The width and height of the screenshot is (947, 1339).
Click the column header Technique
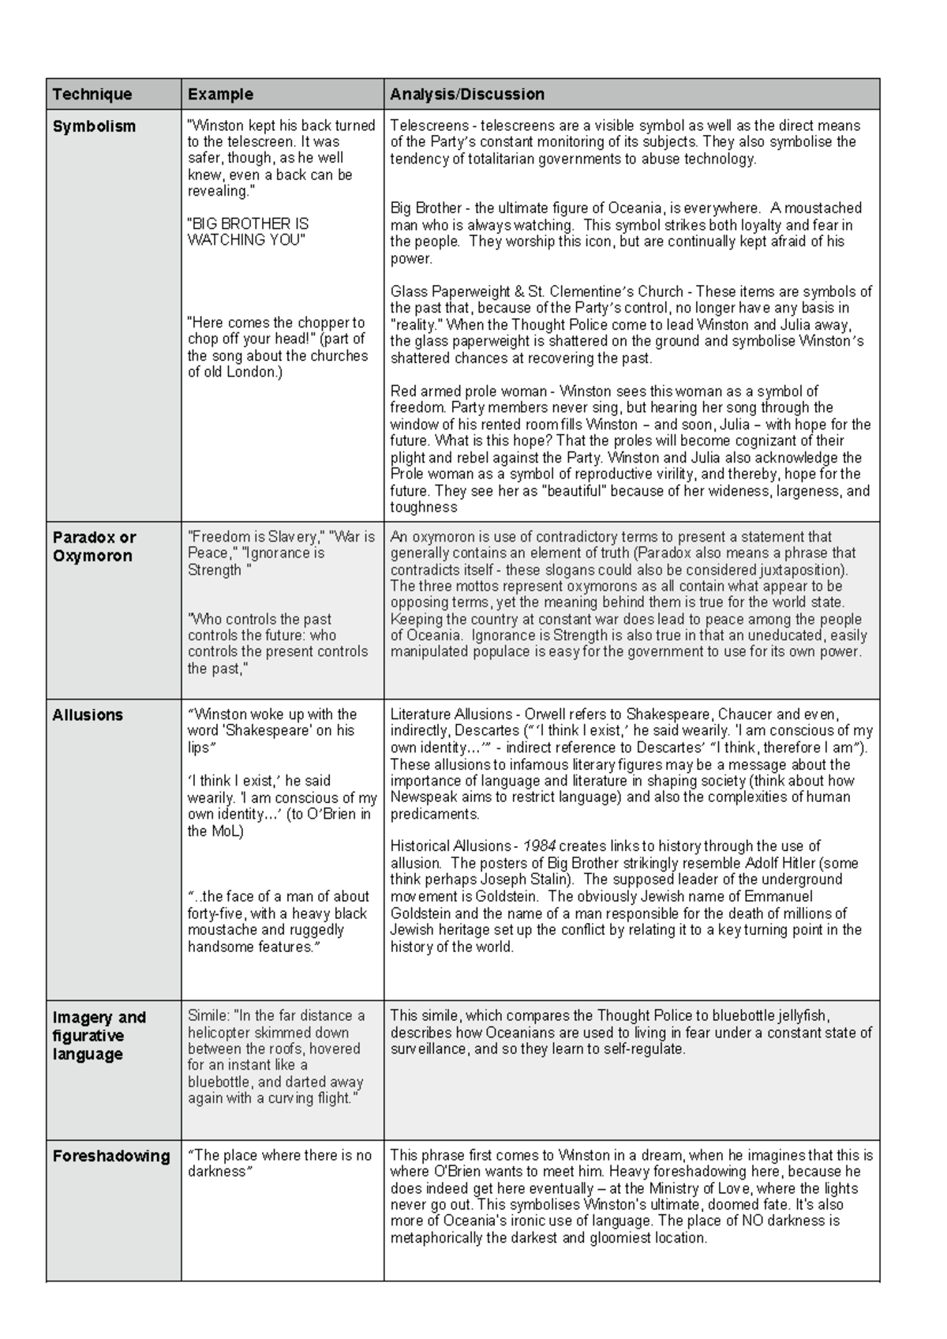click(x=92, y=95)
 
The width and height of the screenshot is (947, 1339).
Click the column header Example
click(x=220, y=95)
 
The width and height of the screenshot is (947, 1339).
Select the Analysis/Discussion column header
click(x=466, y=95)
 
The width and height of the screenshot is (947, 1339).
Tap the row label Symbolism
click(x=94, y=126)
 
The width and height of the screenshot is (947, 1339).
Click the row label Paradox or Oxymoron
click(x=94, y=546)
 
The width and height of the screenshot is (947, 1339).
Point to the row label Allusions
click(x=88, y=715)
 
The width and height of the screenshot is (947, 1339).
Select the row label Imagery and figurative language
click(x=99, y=1036)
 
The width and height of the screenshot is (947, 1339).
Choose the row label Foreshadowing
click(x=110, y=1157)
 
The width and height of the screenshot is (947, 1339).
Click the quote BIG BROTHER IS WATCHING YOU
click(x=247, y=232)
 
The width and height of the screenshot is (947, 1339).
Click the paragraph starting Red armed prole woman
click(x=630, y=448)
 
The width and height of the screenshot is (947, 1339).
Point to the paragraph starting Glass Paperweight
click(x=630, y=324)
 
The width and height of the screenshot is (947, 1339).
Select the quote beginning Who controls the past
click(x=277, y=643)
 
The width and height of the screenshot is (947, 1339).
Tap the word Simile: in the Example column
click(x=209, y=1016)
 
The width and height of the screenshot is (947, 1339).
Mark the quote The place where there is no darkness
click(x=279, y=1164)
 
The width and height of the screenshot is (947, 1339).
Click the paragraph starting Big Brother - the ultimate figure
click(x=625, y=233)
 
